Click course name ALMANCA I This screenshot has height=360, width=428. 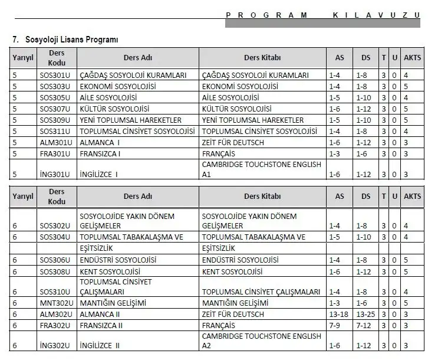100,143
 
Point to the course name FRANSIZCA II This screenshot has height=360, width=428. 101,325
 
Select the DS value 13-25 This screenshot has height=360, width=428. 366,314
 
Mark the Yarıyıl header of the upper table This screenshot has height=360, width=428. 23,58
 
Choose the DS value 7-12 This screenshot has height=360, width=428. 364,325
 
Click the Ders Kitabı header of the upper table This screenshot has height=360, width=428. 262,58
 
